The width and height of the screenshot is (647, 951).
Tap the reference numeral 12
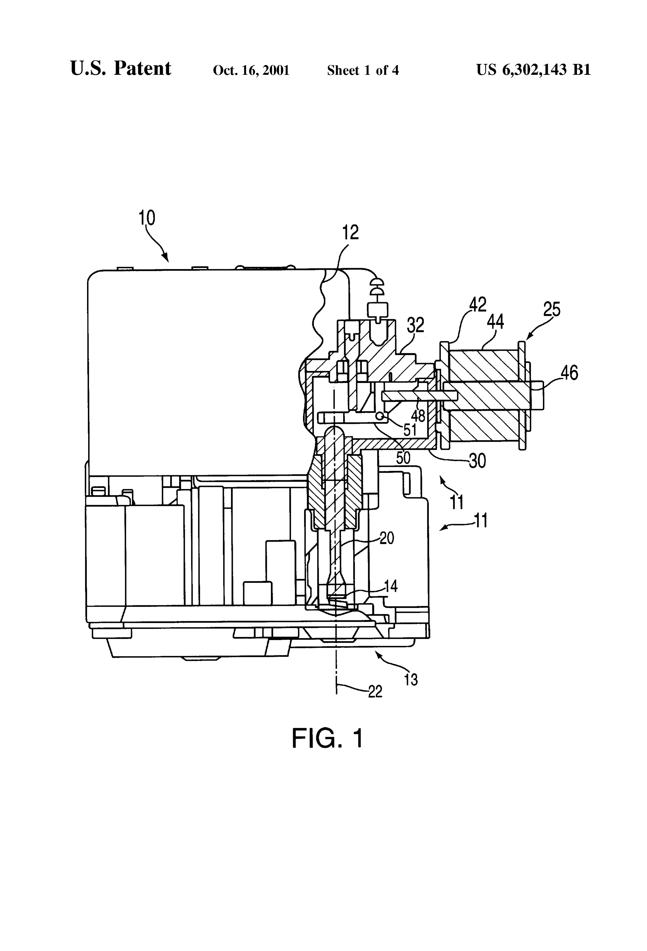351,232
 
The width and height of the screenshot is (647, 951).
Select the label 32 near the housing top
416,325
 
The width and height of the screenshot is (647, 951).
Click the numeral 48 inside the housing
418,416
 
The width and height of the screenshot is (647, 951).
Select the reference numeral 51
410,430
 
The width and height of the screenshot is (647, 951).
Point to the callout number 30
477,461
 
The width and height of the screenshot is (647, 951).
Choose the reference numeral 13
411,680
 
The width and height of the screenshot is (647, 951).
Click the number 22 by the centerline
375,691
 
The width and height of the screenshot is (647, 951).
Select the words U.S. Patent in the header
121,68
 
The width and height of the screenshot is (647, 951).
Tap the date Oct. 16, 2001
251,70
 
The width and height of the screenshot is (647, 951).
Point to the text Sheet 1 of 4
363,70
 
